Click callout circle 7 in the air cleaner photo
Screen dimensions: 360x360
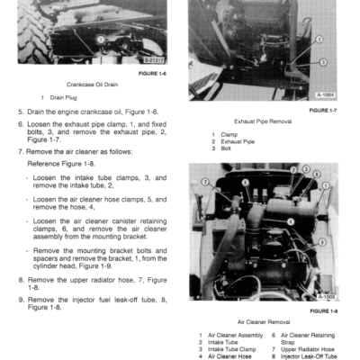(205, 182)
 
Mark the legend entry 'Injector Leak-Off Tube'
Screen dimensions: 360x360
(311, 355)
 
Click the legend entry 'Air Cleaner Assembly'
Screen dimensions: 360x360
(237, 334)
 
